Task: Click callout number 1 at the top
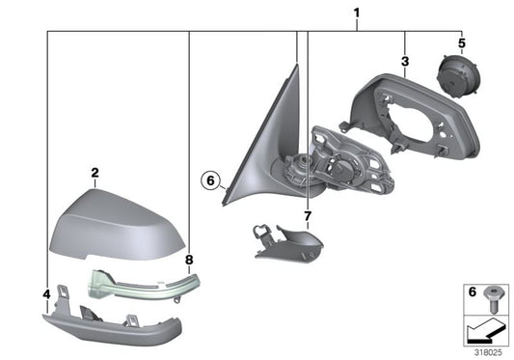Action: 357,13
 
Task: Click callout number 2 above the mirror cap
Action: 95,174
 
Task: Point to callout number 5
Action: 461,43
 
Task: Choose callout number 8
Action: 189,260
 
